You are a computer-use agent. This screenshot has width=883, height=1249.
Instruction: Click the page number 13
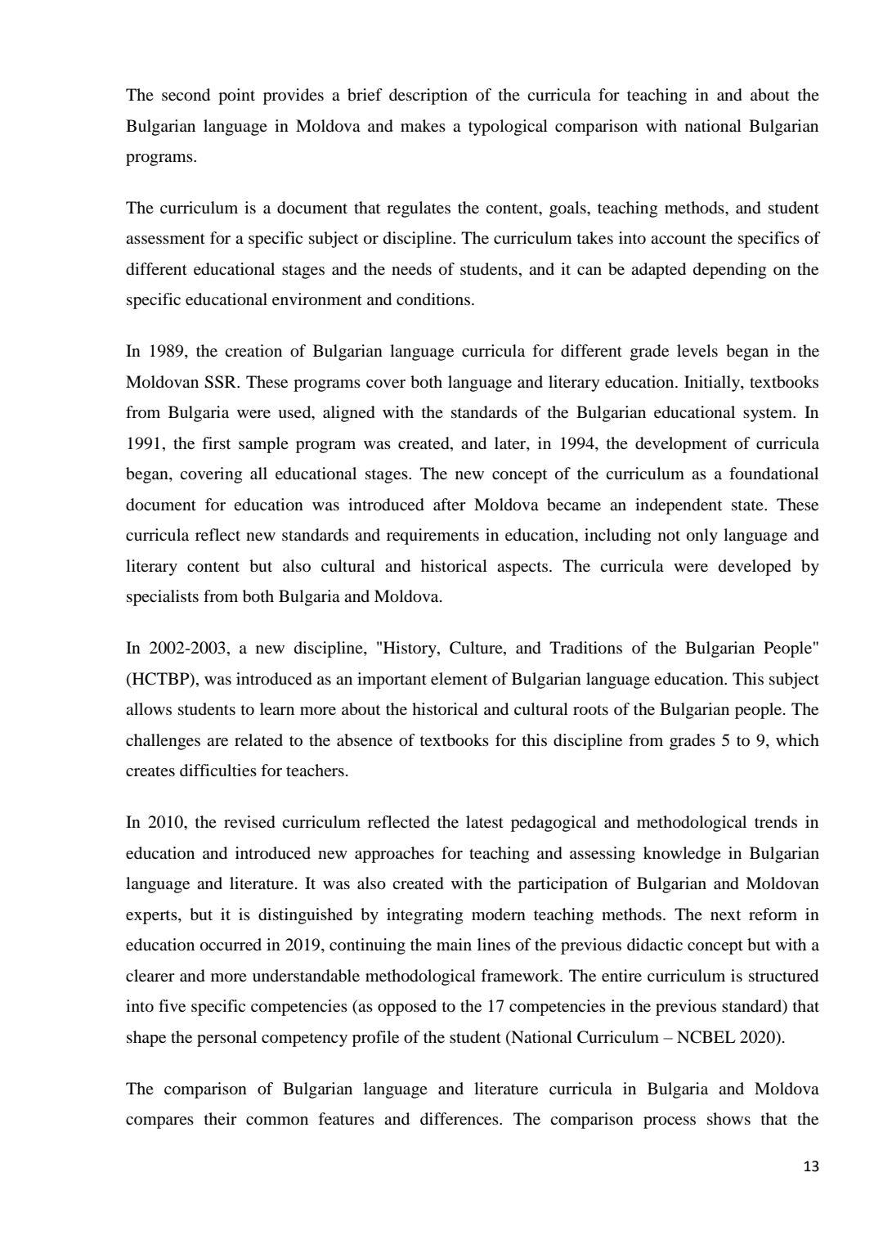pyautogui.click(x=810, y=1167)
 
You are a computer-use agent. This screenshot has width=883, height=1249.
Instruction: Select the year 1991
pyautogui.click(x=142, y=444)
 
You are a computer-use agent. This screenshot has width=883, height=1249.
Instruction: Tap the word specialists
pyautogui.click(x=163, y=597)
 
